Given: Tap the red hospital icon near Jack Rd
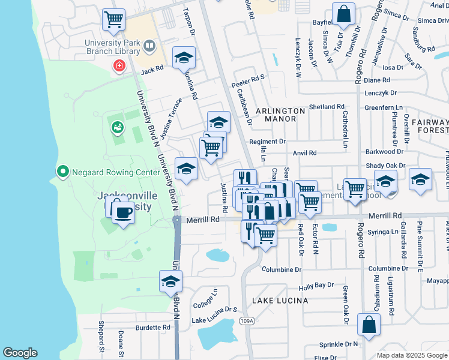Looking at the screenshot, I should coord(119,65).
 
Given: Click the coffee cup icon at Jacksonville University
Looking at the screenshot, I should coord(123,212).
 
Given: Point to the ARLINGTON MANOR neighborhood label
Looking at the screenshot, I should coord(280,115).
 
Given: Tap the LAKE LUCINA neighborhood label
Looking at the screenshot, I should coord(280,300).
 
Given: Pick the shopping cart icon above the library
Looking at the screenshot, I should coord(113,20).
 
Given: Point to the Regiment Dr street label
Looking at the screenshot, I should coord(267,142).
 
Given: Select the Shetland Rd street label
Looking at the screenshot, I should coord(327,107).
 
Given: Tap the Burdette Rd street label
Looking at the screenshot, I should coord(153,328).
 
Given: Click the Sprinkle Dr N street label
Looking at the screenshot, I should coord(339,344).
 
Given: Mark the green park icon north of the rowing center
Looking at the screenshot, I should coord(117,127).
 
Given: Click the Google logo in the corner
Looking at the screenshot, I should coord(20,352).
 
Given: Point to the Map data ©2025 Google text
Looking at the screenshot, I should coord(411,355).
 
